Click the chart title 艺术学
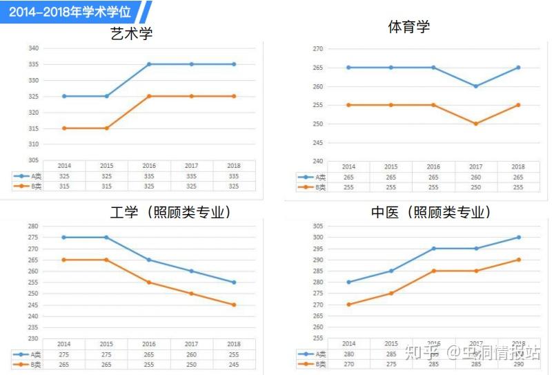(x=131, y=34)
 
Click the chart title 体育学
(x=409, y=27)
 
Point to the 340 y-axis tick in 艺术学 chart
(x=34, y=48)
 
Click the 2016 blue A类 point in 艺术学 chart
(x=149, y=64)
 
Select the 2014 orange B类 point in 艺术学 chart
(x=64, y=128)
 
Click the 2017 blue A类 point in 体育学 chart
(x=475, y=86)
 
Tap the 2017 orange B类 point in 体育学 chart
(x=475, y=124)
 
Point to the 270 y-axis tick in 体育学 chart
(x=318, y=49)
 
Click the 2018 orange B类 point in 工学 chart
(x=234, y=305)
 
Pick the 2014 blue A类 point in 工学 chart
(x=64, y=237)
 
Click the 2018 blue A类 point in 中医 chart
(x=518, y=237)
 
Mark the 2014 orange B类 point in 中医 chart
(x=349, y=305)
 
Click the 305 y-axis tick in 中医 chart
(x=318, y=226)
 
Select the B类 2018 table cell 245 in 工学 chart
(x=234, y=364)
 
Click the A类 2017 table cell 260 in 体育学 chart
(x=475, y=177)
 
